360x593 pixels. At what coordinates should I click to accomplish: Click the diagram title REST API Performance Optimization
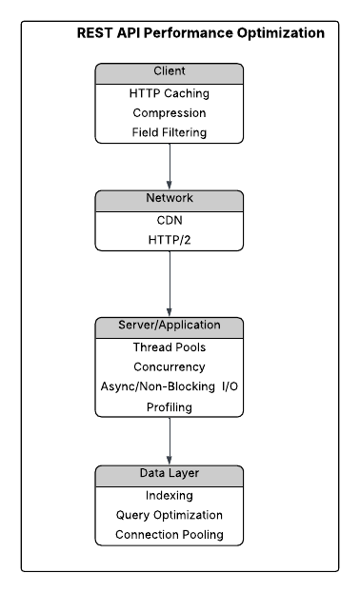(200, 32)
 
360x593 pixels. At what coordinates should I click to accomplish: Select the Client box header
(169, 72)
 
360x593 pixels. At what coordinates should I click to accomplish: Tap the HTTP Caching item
(169, 93)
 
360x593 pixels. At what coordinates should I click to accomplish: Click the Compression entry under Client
(169, 113)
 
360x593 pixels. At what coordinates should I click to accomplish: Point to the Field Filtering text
(169, 133)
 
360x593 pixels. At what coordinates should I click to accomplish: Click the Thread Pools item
(169, 347)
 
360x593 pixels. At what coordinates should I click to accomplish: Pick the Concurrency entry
(169, 367)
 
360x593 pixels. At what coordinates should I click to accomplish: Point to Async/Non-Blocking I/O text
(169, 387)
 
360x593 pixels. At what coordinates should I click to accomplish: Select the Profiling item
(169, 407)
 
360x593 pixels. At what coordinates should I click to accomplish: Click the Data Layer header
(169, 474)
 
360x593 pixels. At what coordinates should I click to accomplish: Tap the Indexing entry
(169, 495)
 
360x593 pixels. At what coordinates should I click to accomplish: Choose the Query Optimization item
(169, 515)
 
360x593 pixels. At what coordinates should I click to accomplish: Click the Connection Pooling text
(169, 535)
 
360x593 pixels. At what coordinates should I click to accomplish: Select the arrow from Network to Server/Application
(169, 285)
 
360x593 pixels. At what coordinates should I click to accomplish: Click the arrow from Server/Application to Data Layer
(169, 442)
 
